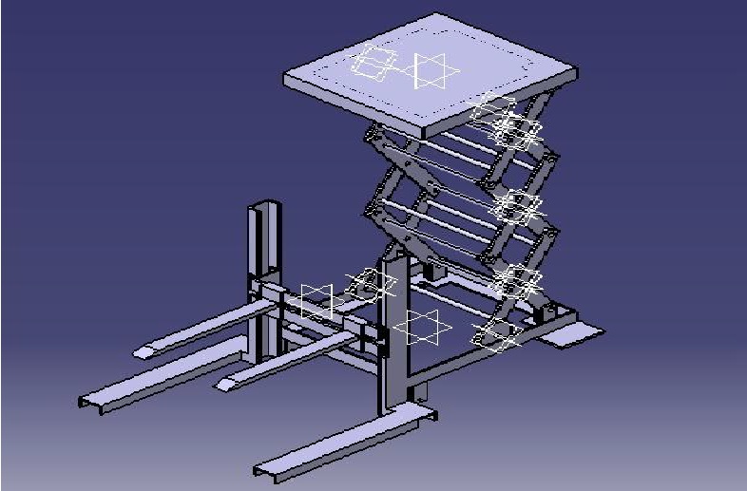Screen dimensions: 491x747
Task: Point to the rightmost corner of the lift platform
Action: coord(575,72)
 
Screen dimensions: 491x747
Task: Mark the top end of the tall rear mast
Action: coord(262,205)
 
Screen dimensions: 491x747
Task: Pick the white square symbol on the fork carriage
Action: coord(316,300)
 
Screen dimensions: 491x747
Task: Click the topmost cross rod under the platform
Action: coord(447,142)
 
